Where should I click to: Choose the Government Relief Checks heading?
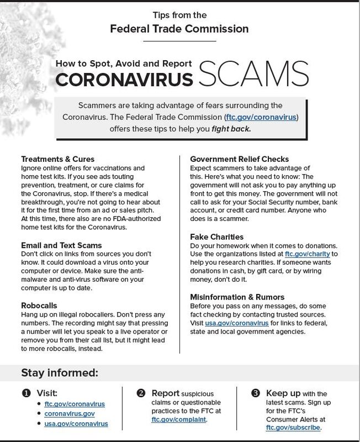click(239, 159)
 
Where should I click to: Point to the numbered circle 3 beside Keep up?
click(255, 394)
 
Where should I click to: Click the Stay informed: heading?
click(60, 372)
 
